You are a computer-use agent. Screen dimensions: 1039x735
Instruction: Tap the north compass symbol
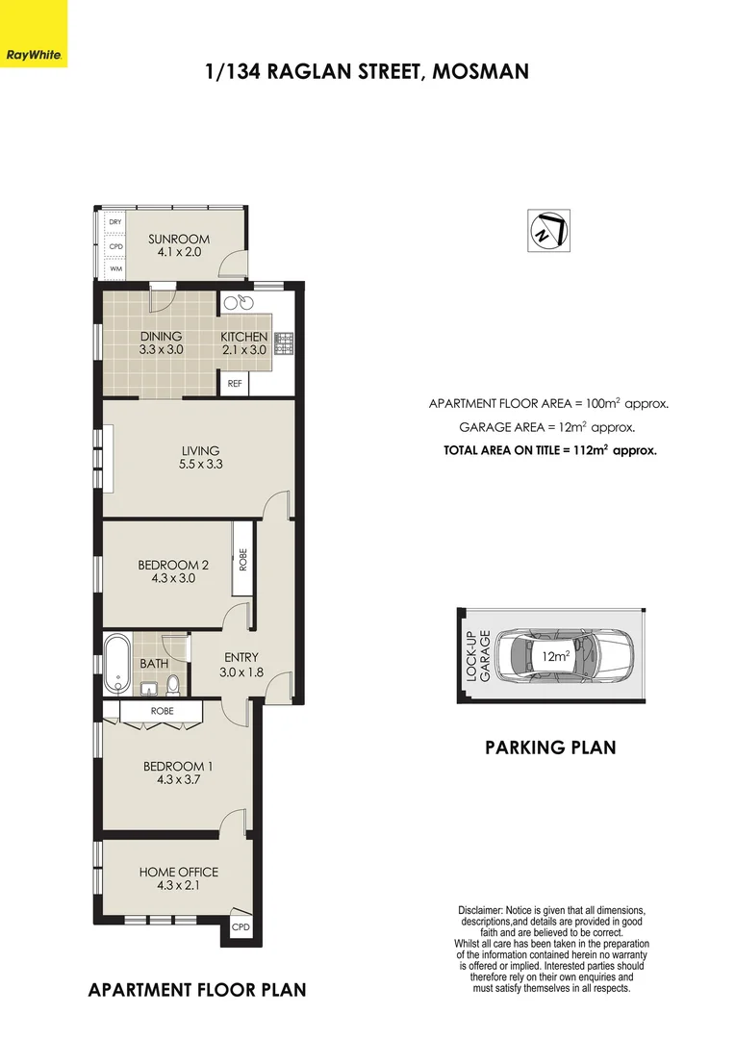(547, 231)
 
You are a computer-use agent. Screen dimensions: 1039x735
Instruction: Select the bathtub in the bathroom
(116, 663)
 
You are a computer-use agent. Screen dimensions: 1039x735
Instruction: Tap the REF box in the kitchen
(234, 383)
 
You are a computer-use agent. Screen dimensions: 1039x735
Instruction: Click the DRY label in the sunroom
(115, 222)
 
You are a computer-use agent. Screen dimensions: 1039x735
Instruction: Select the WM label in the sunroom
(115, 269)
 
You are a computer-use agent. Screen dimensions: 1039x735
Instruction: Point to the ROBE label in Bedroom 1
(161, 711)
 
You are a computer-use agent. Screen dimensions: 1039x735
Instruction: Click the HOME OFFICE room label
(178, 872)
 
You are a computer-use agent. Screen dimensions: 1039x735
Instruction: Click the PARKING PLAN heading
(549, 748)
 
